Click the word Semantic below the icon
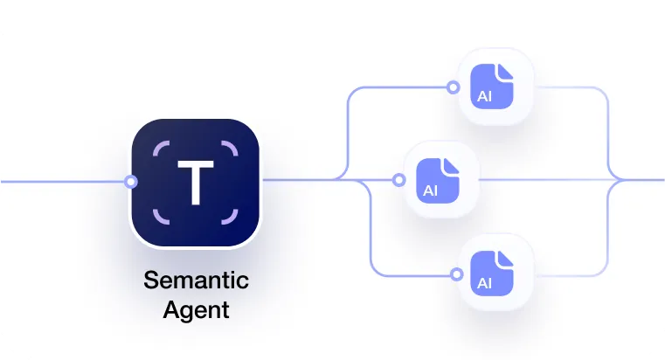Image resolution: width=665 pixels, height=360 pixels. [196, 281]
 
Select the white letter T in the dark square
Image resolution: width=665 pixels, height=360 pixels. [196, 181]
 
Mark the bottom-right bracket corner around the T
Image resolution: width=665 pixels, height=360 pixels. [232, 217]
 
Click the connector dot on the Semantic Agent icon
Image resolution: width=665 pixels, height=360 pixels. [131, 182]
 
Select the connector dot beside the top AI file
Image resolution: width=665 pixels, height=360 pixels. [453, 87]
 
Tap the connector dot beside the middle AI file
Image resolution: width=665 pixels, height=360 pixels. [398, 181]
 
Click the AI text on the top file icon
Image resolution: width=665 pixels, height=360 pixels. [484, 96]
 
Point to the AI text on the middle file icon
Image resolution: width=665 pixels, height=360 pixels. [430, 190]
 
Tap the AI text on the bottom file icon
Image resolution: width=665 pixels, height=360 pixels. [484, 283]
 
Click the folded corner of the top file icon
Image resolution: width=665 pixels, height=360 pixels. [505, 70]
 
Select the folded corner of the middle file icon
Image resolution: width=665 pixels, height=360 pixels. [451, 163]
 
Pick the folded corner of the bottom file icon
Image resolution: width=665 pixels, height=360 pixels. [505, 257]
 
